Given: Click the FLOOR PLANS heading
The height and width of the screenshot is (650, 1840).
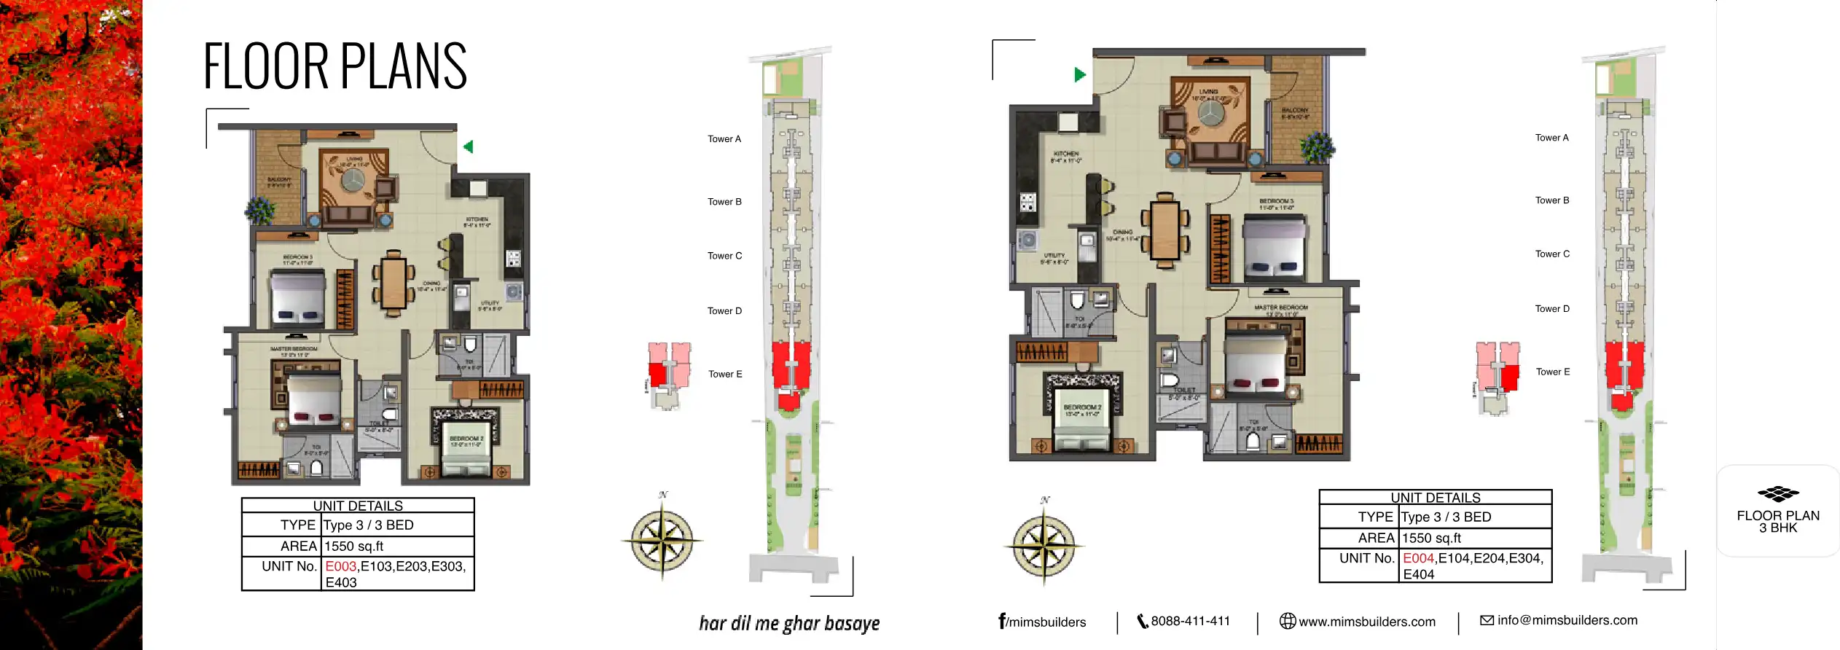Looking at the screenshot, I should coord(334,66).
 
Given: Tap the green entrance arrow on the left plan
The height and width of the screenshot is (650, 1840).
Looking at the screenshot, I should coord(469,147).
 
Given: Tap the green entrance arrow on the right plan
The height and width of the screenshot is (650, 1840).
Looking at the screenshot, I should coord(1080,74).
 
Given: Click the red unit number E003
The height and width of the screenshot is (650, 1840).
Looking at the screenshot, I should coord(341,566).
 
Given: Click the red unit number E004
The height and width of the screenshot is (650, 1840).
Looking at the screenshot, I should coord(1418,558).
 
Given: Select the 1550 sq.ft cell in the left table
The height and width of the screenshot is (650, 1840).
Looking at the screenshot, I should coord(353,546).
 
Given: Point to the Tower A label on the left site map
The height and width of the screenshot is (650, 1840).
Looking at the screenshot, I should coord(724,139).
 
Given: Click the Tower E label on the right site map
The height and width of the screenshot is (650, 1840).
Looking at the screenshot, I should coord(1553,372).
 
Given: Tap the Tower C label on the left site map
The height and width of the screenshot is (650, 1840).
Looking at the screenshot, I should coord(724,256).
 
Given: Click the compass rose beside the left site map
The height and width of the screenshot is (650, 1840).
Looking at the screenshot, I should coord(662,541).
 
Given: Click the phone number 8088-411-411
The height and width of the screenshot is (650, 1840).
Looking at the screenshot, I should coord(1189,621).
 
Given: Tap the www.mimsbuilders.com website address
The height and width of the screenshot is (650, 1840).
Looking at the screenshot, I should coord(1366,622).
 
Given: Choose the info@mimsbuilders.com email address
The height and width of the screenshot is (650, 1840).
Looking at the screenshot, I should coord(1567,620).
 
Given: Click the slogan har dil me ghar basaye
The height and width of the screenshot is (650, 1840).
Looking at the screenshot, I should coord(789,623).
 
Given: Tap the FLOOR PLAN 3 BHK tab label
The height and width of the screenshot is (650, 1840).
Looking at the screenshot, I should coord(1778,520).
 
